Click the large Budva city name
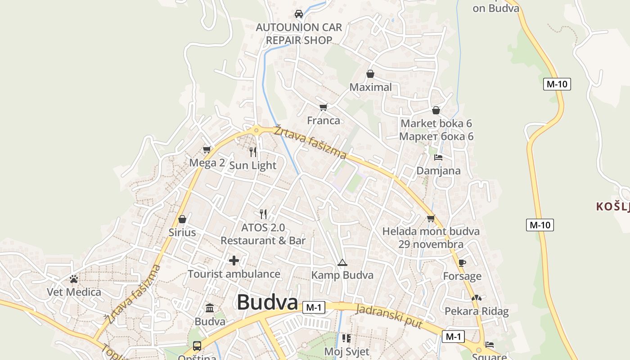(267, 302)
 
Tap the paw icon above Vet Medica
(74, 279)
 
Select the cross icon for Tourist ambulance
(234, 261)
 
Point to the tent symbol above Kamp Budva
(342, 262)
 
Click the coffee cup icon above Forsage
(462, 263)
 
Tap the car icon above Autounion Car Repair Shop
(299, 14)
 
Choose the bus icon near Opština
(197, 346)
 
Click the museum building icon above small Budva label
(210, 308)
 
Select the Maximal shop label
(371, 87)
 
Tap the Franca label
(324, 121)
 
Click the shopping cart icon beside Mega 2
(207, 149)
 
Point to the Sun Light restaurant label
(253, 165)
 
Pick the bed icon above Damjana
(438, 157)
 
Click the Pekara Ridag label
(477, 311)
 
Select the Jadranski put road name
(389, 316)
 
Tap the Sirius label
(182, 232)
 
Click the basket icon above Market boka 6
(436, 110)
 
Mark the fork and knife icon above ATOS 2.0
(263, 214)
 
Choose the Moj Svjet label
(346, 351)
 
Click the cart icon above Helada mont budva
(431, 219)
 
